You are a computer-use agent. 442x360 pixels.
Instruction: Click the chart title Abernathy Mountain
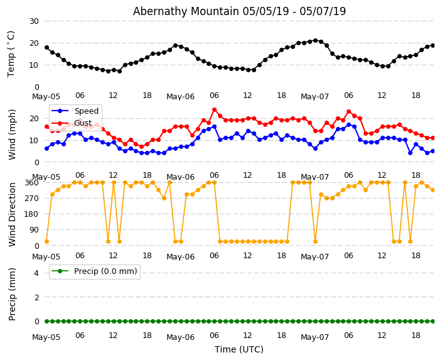pos(239,11)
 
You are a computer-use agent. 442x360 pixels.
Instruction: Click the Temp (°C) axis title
pos(11,53)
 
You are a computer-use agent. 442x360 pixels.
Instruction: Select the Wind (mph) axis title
pos(12,134)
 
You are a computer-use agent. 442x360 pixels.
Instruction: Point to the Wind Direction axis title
pos(12,214)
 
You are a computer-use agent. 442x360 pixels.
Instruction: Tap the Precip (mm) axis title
pos(12,294)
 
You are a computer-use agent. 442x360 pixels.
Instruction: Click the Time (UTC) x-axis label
pos(239,349)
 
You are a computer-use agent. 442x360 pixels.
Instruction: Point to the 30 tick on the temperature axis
pos(33,21)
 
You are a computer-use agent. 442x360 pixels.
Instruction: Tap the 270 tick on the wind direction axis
pos(31,198)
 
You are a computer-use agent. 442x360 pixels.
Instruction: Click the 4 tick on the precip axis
pos(36,273)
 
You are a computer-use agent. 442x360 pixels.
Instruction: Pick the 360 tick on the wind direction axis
pos(31,182)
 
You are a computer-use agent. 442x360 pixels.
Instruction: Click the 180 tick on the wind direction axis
pos(31,214)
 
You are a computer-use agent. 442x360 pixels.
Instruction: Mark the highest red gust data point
pos(214,110)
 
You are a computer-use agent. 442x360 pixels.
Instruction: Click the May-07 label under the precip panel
pos(315,337)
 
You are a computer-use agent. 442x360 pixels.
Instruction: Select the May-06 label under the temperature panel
pos(180,97)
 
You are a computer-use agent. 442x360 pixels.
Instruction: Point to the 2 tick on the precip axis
pos(36,297)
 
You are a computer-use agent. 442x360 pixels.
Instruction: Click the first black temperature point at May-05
pos(46,47)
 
